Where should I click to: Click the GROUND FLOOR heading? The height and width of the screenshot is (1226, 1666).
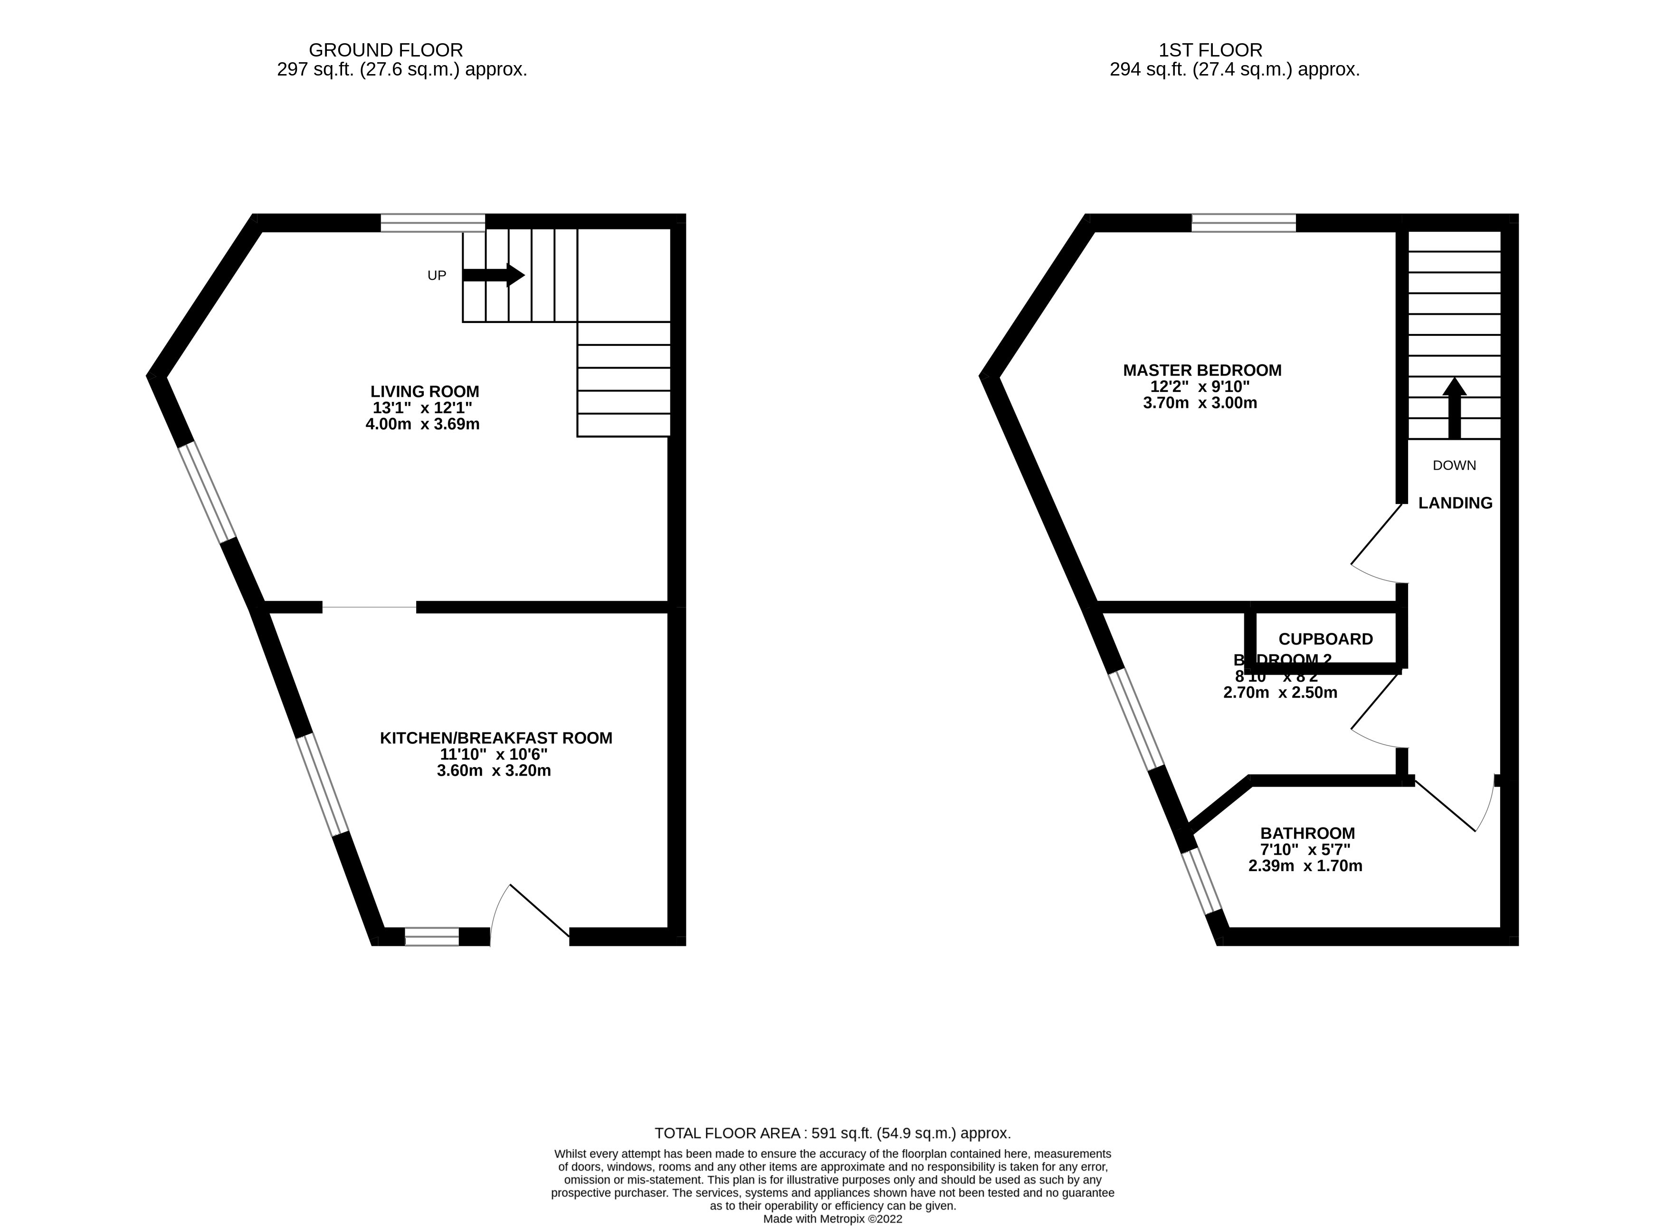coord(385,50)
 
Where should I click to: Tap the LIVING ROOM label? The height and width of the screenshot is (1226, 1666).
coord(425,391)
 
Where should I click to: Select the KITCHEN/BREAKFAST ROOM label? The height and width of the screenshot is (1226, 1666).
coord(496,738)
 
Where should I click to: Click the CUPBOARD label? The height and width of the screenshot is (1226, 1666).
coord(1325,639)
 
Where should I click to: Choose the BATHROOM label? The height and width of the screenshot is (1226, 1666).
coord(1307,834)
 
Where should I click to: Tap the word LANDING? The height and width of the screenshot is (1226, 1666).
coord(1455,503)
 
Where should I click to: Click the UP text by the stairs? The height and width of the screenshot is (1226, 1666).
coord(437,276)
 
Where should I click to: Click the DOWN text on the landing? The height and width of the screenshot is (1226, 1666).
coord(1454,466)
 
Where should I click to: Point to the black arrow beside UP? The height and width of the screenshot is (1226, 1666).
coord(493,275)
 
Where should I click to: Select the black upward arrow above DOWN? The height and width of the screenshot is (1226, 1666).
coord(1454,408)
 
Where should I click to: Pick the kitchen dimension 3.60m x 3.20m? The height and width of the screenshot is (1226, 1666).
coord(494,770)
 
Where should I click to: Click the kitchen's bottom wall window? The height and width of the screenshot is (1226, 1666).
coord(431,937)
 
